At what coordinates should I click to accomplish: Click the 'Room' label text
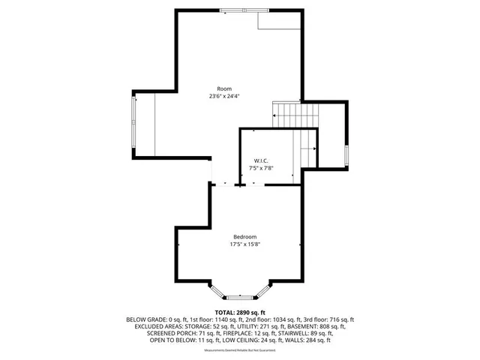pos(224,88)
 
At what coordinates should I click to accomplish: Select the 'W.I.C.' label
pos(261,160)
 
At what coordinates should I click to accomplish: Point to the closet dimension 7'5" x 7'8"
pos(261,169)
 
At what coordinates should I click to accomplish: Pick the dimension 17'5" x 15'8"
pos(244,244)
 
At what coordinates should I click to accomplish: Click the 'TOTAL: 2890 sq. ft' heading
pos(240,312)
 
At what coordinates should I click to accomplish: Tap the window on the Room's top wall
pos(244,10)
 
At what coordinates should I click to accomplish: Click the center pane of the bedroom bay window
pos(240,297)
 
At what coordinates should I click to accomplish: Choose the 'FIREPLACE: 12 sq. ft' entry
pos(220,333)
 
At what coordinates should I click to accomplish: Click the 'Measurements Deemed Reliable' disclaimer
pos(240,349)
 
